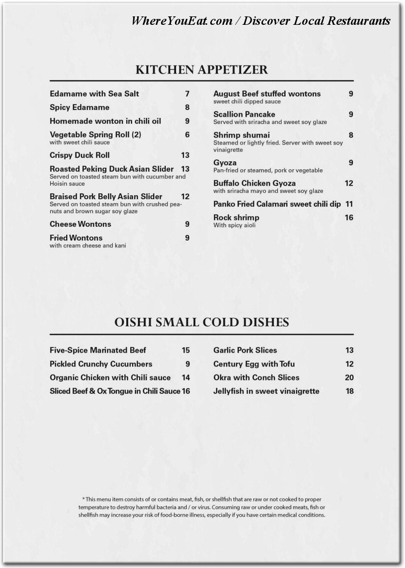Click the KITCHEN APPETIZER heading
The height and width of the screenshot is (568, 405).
click(x=201, y=70)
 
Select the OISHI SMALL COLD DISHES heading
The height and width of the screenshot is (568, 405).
click(x=201, y=322)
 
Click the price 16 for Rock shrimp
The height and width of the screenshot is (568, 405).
click(x=349, y=217)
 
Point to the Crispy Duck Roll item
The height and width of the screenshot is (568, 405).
click(x=80, y=155)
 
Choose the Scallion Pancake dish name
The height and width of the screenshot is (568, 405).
click(x=244, y=114)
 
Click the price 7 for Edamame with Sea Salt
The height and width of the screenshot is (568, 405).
click(x=187, y=94)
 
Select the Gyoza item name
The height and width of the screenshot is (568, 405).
click(x=225, y=163)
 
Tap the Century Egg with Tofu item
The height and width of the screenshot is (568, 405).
click(x=254, y=364)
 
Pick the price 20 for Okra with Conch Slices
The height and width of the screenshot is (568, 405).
click(x=349, y=377)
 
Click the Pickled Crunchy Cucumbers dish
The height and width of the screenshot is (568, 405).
click(x=101, y=364)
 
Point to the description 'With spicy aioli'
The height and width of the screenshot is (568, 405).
click(x=234, y=225)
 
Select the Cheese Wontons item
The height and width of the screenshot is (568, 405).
click(x=81, y=224)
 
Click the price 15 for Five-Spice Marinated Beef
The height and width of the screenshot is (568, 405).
click(x=186, y=350)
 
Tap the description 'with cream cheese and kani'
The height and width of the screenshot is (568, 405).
click(x=87, y=245)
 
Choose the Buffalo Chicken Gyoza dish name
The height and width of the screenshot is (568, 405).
click(x=254, y=183)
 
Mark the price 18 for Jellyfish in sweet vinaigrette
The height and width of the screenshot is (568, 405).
click(x=349, y=391)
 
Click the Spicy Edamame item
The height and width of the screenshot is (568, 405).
click(x=80, y=107)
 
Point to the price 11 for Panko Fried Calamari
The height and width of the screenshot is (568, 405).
click(x=349, y=204)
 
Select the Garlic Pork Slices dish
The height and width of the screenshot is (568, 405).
click(x=245, y=350)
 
